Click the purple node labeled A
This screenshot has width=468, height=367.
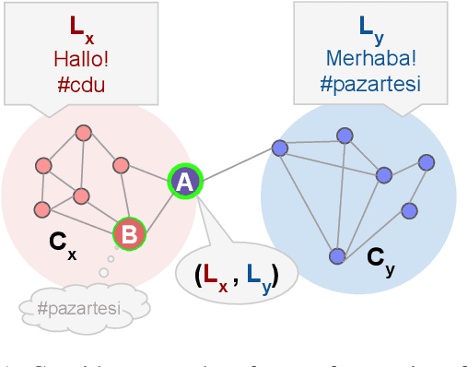tap(184, 183)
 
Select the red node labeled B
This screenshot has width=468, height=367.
tap(129, 234)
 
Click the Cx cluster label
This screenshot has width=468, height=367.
tap(62, 245)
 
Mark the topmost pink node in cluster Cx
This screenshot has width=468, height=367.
tap(82, 132)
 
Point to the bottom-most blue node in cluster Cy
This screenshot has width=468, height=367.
tap(337, 255)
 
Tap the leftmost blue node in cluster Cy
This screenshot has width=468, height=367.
tap(279, 148)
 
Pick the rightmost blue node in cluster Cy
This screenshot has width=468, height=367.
tap(426, 162)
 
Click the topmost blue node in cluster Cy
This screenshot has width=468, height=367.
tap(345, 136)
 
